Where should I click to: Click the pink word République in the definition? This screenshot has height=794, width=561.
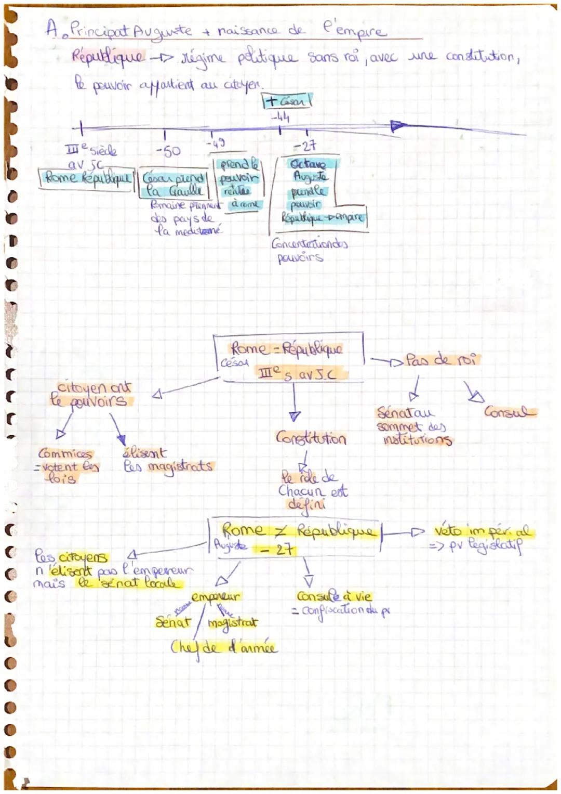click(108, 56)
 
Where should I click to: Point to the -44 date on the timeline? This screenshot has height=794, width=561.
click(279, 117)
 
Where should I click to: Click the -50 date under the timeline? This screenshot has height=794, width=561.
click(168, 151)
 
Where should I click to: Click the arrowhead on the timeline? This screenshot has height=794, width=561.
click(398, 126)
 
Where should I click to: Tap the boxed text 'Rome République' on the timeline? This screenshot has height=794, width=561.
click(87, 178)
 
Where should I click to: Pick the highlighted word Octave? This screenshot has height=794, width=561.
click(308, 164)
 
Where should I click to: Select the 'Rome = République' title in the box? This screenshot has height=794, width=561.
click(286, 348)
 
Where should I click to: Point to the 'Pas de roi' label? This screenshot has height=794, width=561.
click(442, 359)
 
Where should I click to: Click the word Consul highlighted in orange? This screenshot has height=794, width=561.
click(509, 412)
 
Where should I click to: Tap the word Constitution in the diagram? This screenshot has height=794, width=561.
click(311, 438)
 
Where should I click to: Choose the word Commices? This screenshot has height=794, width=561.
click(65, 453)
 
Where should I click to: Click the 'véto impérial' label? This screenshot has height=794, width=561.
click(483, 531)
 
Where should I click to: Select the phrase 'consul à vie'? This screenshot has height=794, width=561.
click(335, 596)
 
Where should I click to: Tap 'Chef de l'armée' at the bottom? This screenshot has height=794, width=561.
click(224, 647)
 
